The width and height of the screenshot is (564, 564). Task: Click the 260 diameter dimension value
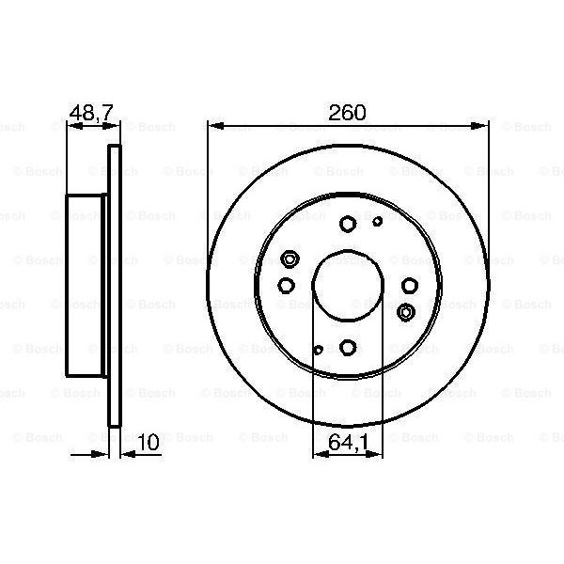pyautogui.click(x=347, y=112)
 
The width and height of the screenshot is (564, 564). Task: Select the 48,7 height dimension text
pyautogui.click(x=90, y=112)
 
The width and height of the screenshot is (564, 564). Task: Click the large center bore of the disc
pyautogui.click(x=347, y=286)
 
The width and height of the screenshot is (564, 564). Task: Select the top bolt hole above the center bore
pyautogui.click(x=347, y=224)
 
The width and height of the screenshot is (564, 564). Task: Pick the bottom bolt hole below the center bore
pyautogui.click(x=347, y=348)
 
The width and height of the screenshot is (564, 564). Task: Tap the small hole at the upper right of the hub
pyautogui.click(x=378, y=222)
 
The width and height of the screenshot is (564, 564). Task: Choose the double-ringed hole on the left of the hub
pyautogui.click(x=290, y=260)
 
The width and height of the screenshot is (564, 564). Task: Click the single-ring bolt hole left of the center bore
pyautogui.click(x=286, y=286)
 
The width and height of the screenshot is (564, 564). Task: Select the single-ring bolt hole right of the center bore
pyautogui.click(x=409, y=286)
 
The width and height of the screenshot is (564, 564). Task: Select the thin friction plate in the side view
pyautogui.click(x=116, y=286)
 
